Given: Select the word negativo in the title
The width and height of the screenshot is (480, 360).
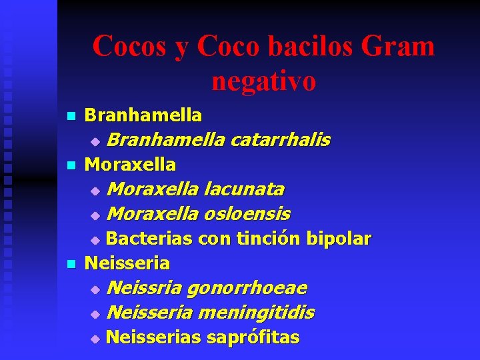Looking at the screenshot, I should tap(263, 81).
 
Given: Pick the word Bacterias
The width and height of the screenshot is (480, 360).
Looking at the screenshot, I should tap(149, 239).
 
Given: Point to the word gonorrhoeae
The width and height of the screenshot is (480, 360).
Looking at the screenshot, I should tap(247, 288).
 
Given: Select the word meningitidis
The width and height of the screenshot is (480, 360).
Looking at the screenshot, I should tap(257, 313).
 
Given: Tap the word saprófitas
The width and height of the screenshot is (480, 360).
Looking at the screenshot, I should tap(253, 337).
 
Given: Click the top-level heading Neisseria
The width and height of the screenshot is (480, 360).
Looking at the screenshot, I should tap(127, 263).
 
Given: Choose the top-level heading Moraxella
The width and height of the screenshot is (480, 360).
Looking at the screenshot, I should tap(131, 164).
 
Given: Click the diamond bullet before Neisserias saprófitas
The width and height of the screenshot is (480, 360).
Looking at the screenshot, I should tap(95, 339).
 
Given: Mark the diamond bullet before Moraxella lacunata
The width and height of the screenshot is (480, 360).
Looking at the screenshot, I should tap(95, 191).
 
